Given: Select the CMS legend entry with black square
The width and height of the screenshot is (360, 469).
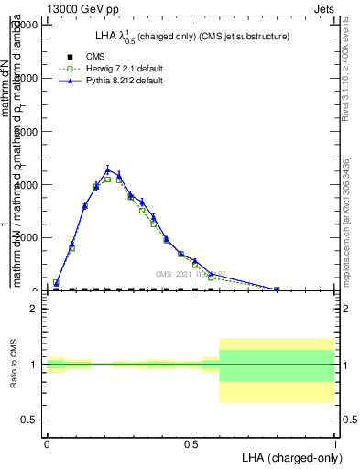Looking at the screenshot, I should coord(84,56).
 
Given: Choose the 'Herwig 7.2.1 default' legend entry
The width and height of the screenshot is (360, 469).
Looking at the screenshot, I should coord(106,69).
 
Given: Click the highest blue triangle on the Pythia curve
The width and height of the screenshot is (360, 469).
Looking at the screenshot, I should coord(108,169).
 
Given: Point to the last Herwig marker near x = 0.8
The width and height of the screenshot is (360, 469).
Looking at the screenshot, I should coord(277,289).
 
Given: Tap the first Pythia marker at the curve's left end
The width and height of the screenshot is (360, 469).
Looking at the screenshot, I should coord(57,283).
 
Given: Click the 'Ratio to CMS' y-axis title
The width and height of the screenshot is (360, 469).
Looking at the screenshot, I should coord(14,365).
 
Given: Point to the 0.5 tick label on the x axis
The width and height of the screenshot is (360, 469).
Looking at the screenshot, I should coord(191,443).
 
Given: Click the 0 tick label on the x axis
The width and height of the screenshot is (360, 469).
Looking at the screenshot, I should coord(47,443).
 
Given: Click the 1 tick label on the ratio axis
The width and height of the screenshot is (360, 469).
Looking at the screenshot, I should coord(34,365).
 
